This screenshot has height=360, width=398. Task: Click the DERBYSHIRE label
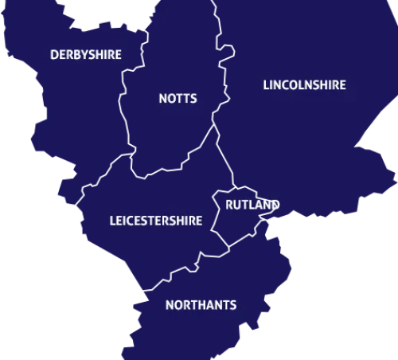coord(86,55)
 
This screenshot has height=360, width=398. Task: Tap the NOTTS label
coord(178,99)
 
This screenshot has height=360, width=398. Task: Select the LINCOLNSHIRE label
coord(304,85)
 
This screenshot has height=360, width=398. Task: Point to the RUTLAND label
coord(252,205)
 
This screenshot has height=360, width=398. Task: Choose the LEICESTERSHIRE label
coord(155,221)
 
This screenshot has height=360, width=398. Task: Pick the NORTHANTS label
coord(201,305)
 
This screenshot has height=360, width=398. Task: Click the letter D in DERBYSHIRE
coord(54,55)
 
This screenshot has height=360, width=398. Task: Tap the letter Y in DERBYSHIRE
coord(83,55)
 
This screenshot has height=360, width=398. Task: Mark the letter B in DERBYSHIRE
coord(76,55)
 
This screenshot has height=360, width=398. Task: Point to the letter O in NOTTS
coord(171,99)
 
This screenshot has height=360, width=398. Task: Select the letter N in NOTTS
coord(163,99)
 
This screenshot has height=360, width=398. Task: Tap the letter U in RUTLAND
coord(238,205)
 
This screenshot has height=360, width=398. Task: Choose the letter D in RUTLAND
coord(275,205)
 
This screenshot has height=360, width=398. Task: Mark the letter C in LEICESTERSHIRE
coord(129,221)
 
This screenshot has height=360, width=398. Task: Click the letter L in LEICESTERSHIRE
coord(111,221)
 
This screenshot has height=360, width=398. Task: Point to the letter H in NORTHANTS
coord(201,305)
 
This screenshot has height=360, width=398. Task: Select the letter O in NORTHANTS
coord(178,305)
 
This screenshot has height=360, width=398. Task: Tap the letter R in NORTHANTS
coord(186,305)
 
